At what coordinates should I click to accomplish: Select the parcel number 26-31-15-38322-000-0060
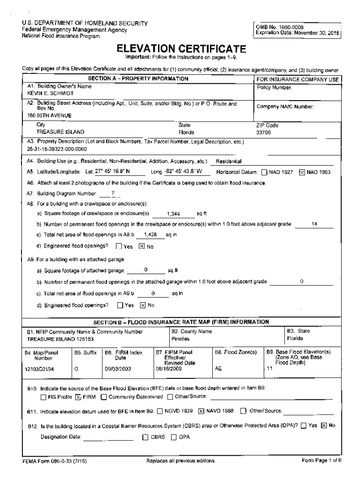tap(57, 149)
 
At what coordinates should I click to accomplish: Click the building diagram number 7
tap(113, 193)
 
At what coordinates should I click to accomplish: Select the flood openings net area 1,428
tap(151, 234)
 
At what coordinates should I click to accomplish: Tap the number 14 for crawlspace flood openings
tap(314, 224)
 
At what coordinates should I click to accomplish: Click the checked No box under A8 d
tap(141, 247)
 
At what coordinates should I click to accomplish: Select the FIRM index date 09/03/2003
tap(118, 369)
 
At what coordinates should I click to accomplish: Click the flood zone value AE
tap(218, 369)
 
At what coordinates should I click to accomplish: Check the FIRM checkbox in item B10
tap(78, 398)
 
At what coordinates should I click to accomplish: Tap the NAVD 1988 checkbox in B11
tap(202, 411)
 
